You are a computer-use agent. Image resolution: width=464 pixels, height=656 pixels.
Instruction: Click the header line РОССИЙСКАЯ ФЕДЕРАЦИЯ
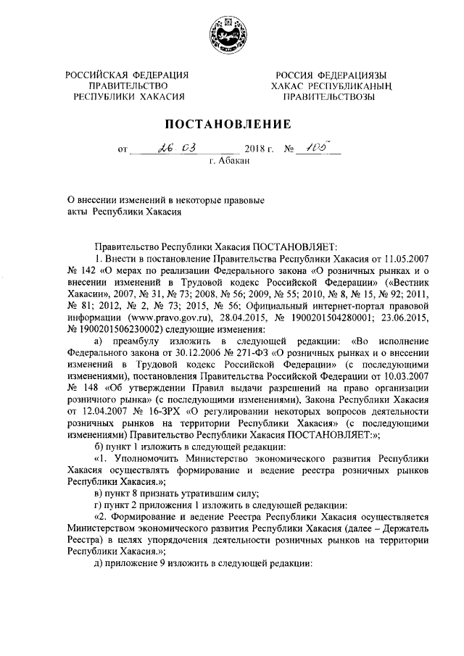coord(127,75)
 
